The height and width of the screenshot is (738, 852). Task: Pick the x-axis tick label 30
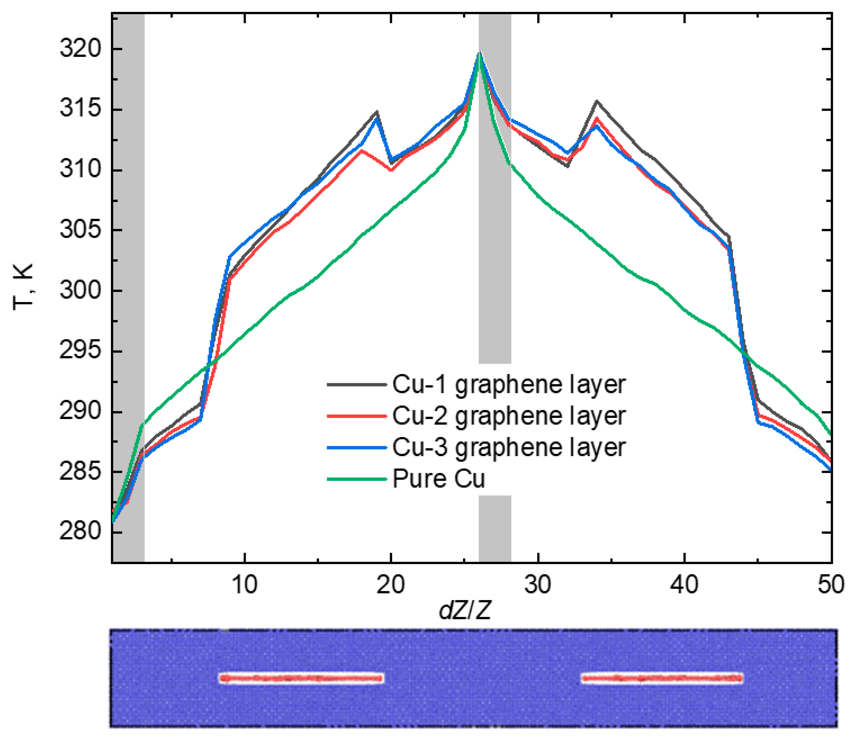tap(538, 584)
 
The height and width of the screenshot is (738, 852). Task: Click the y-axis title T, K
tap(24, 287)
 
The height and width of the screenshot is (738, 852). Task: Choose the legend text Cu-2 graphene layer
tap(509, 416)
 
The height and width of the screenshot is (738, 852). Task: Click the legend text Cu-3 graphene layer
tap(509, 447)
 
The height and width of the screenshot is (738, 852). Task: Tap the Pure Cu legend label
tap(439, 479)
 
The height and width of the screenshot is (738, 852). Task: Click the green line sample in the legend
tap(357, 479)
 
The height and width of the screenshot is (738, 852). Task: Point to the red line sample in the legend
tap(357, 416)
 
